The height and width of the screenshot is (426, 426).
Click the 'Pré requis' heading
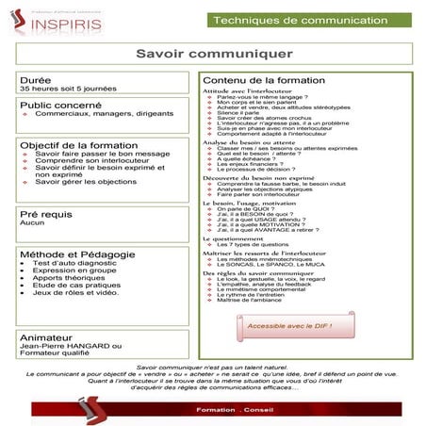point(48,215)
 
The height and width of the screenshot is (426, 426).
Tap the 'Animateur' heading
point(47,334)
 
